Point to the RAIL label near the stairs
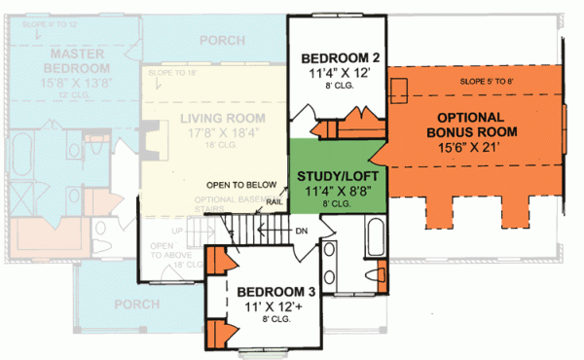tap(275, 201)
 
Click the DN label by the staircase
tap(303, 232)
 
